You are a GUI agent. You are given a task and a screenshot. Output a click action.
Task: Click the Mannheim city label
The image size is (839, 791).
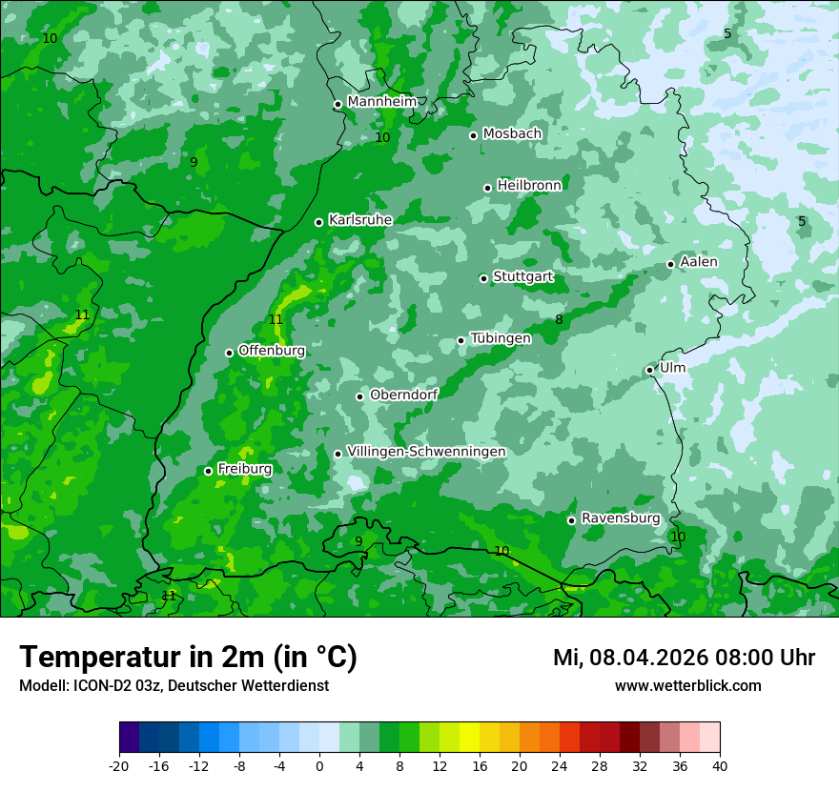tap(381, 101)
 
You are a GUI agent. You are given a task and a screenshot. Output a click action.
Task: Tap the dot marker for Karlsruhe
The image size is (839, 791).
tap(318, 222)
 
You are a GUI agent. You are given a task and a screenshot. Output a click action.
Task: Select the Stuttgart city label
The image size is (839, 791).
tap(522, 276)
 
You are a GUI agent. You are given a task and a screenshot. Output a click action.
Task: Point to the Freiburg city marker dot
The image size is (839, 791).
tap(208, 471)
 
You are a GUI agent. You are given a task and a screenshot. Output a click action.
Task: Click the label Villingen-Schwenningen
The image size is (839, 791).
tap(426, 452)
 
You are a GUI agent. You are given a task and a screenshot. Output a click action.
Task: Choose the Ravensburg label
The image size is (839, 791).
tap(620, 518)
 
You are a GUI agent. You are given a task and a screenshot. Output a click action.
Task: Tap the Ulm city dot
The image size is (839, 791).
tap(649, 370)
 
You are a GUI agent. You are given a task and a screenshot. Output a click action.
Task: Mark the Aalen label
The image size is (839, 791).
tap(699, 261)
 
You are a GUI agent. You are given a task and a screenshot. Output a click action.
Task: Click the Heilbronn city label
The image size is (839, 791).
tap(529, 185)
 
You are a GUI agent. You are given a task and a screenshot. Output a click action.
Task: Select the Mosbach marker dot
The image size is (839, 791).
tap(473, 135)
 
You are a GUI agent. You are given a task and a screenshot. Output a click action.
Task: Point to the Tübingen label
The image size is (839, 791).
tap(501, 338)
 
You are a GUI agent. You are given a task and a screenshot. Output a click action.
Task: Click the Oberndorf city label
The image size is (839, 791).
tap(403, 395)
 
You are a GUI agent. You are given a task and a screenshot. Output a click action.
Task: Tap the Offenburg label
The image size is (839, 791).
tap(272, 351)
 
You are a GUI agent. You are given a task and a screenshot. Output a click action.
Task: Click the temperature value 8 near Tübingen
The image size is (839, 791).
tap(559, 320)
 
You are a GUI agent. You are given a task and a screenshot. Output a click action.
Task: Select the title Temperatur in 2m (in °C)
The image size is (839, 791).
tap(188, 658)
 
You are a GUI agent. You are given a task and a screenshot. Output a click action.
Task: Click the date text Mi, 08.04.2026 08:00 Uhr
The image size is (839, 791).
tap(684, 658)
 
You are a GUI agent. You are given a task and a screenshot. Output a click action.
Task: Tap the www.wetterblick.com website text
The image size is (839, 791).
tap(687, 686)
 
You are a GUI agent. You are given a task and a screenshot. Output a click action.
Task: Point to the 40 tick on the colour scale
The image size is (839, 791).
tap(720, 765)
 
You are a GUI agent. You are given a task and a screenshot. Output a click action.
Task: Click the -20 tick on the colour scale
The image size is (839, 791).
tap(119, 765)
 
